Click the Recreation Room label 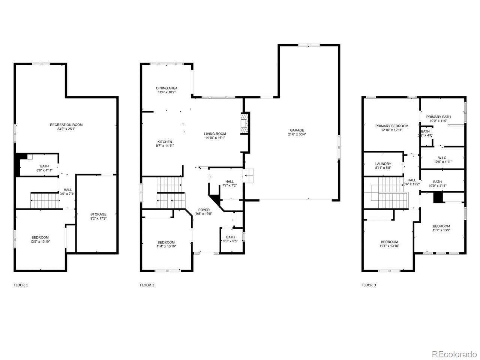tap(66, 125)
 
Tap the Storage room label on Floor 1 tap(98, 214)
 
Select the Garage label tap(297, 130)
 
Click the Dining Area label tap(167, 88)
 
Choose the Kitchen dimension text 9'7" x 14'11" tap(165, 146)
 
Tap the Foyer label tap(204, 210)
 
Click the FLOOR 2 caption tap(147, 285)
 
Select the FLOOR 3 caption tap(369, 285)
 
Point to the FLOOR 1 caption tap(21, 285)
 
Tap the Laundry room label tap(383, 164)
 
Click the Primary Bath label tap(438, 117)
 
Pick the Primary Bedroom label tap(391, 126)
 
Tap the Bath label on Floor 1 tap(44, 166)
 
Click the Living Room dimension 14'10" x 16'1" tap(215, 138)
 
